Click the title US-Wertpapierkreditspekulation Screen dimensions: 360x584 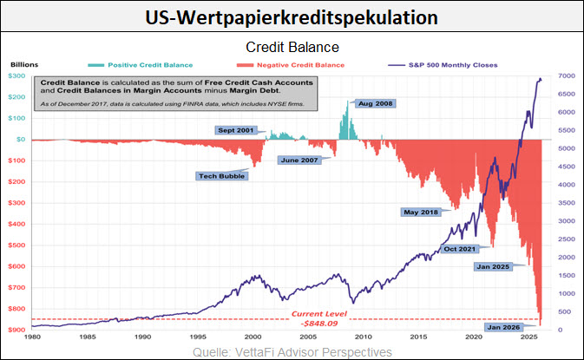pyautogui.click(x=292, y=16)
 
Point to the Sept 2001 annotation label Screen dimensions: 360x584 pyautogui.click(x=236, y=129)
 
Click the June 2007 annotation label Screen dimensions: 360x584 pyautogui.click(x=298, y=160)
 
